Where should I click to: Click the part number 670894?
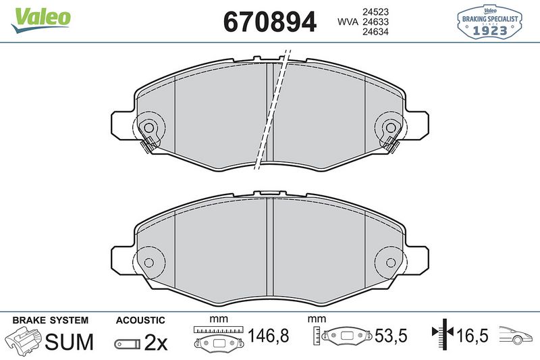tap(269, 22)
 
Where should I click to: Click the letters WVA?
tap(348, 22)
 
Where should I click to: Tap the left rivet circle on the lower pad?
tap(149, 262)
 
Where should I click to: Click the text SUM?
tap(69, 342)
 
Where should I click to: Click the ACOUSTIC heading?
tap(140, 319)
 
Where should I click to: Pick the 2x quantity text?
tap(156, 342)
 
